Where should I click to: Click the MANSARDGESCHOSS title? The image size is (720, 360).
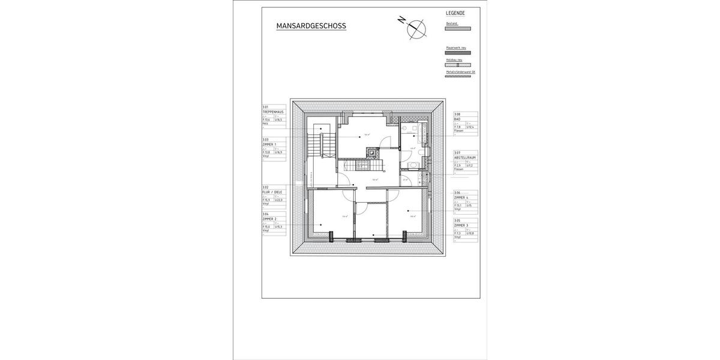tap(311, 26)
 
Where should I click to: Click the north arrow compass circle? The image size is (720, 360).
tap(416, 28)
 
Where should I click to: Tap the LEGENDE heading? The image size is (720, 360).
tap(455, 13)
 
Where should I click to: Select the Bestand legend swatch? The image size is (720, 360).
tap(458, 28)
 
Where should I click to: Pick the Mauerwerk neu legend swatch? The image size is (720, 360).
tap(458, 53)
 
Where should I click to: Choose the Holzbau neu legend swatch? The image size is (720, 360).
tap(458, 65)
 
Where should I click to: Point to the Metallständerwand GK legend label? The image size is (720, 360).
tap(460, 71)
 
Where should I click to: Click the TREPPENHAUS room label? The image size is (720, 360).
tap(272, 112)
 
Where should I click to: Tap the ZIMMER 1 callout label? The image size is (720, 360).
tap(269, 145)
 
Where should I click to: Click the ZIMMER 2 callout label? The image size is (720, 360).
tap(269, 219)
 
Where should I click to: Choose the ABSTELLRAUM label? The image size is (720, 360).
tap(464, 158)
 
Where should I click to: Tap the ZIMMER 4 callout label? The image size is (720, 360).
tap(461, 197)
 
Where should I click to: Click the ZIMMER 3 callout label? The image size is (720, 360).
tap(461, 225)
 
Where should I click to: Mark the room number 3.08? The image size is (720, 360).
tap(457, 114)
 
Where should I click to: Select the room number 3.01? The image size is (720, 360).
tap(265, 107)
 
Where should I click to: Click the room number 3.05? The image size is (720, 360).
tap(457, 220)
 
